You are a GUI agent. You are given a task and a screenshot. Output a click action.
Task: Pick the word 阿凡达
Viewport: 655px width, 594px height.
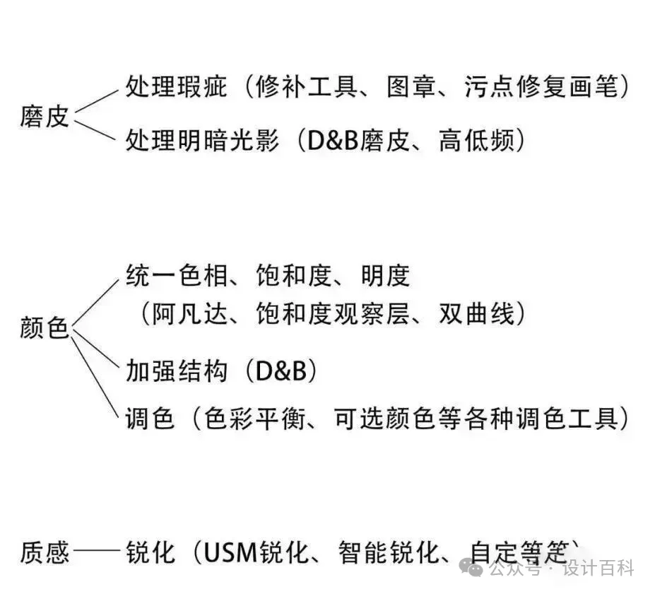click(x=188, y=314)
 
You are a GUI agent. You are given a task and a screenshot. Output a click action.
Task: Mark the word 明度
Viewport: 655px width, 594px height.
click(x=386, y=275)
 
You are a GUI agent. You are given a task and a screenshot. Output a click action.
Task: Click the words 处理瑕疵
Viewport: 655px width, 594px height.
click(x=176, y=88)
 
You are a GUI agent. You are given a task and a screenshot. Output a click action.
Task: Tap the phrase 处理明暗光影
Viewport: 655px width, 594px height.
click(x=201, y=141)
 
